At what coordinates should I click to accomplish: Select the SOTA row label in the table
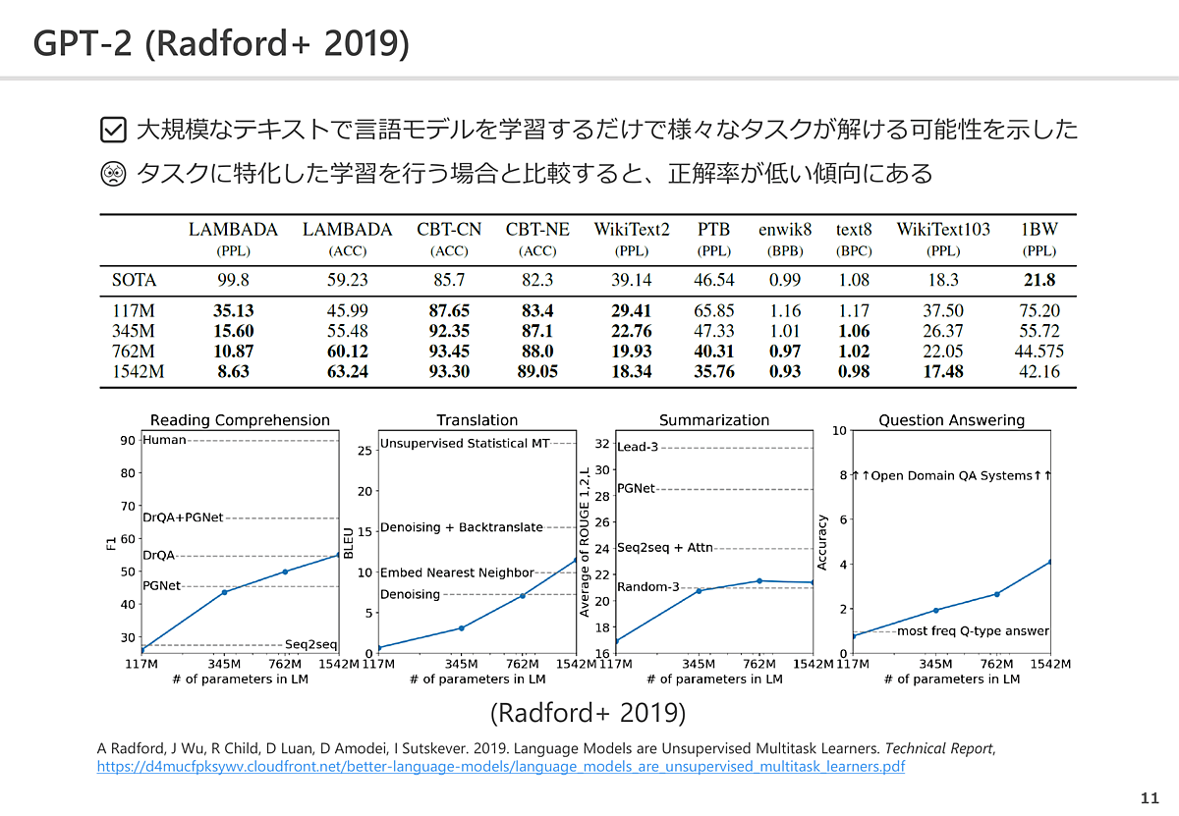coord(134,280)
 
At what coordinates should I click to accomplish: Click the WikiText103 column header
coord(942,230)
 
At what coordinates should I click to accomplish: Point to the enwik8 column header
coord(785,230)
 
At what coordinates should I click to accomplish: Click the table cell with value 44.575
coord(1039,352)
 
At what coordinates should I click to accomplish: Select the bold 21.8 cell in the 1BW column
coord(1039,280)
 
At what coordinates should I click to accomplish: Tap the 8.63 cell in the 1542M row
coord(233,371)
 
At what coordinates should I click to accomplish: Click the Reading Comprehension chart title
coord(240,420)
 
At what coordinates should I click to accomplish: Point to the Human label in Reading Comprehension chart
coord(164,440)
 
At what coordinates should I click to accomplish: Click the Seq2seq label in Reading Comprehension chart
coord(311,644)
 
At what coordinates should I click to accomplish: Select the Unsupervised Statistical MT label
coord(465,444)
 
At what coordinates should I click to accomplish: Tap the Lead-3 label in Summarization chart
coord(638,448)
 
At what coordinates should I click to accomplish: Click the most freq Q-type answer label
coord(973,631)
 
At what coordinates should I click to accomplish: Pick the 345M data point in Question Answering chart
coord(935,611)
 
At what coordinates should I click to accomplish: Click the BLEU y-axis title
coord(348,538)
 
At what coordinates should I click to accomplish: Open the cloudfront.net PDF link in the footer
coord(500,767)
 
